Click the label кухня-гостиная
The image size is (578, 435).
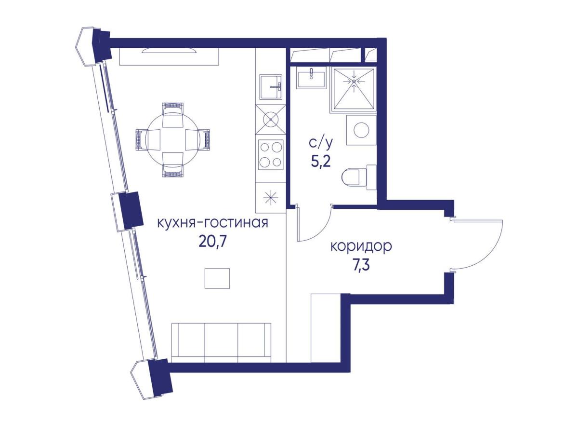click(212, 223)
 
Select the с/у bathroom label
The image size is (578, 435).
click(321, 144)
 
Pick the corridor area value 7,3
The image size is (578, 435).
click(361, 265)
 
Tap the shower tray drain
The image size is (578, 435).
click(354, 81)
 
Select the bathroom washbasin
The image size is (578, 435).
click(311, 77)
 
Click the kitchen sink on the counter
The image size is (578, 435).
click(271, 87)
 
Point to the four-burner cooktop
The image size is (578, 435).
click(271, 155)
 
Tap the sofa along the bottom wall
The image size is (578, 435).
click(221, 343)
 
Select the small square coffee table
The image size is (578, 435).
click(217, 278)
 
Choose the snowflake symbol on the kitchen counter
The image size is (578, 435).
click(271, 198)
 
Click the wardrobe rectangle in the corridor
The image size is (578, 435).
click(326, 328)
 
